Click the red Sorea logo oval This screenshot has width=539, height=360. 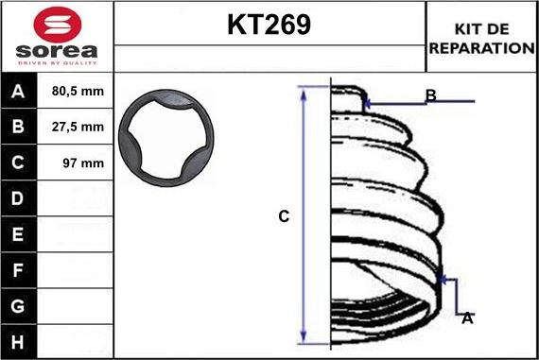coord(58,25)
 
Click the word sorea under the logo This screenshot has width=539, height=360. coord(57,51)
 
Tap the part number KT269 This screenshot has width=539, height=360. coord(269,25)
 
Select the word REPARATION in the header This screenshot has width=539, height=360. coord(482,48)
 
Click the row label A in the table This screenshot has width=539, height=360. coord(18,92)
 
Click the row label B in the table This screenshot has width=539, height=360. coord(18,127)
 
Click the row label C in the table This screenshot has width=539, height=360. coord(18,163)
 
